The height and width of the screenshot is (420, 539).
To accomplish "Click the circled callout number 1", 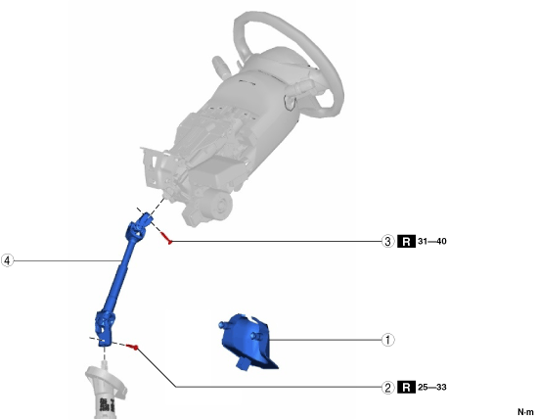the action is coord(387,340).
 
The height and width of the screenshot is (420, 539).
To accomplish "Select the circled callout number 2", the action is coord(387,388).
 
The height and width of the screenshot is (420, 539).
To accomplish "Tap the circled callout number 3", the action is coord(387,241).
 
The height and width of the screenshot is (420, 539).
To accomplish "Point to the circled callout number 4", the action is coord(7,260).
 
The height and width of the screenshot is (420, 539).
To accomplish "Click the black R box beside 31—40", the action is coord(406,241).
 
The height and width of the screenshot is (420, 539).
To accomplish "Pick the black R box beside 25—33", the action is coord(406,388).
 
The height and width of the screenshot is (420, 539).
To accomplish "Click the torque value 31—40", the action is coord(432,241).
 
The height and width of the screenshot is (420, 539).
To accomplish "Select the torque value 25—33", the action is coord(432,388).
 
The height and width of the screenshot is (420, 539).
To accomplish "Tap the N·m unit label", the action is coord(525,412).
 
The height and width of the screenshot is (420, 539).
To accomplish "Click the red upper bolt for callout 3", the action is coord(165,238).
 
